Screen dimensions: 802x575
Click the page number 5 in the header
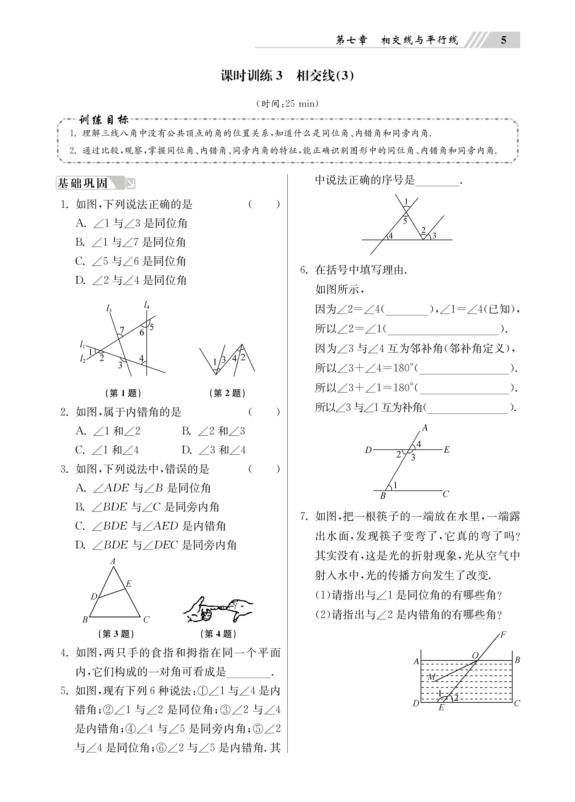503,40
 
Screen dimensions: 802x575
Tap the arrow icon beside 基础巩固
131,183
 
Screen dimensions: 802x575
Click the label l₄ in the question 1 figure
147,305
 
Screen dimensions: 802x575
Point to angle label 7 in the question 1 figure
122,330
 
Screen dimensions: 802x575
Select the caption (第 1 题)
123,393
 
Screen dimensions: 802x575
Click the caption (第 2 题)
227,393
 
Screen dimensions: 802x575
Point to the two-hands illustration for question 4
218,610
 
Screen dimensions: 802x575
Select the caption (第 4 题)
218,634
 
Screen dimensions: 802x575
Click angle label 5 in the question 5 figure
405,221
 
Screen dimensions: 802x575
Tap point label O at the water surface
475,655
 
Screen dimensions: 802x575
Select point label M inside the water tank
431,677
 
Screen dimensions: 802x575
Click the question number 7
304,517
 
